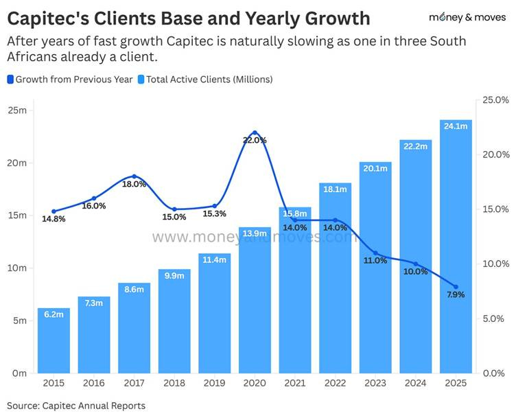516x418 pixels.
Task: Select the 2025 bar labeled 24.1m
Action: (x=456, y=247)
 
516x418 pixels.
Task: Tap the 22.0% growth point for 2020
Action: (x=255, y=132)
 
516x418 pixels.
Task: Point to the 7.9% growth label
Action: (x=456, y=294)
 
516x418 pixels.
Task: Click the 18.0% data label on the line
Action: (x=134, y=184)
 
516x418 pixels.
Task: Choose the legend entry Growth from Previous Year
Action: (x=70, y=80)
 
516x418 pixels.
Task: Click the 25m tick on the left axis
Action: (x=17, y=111)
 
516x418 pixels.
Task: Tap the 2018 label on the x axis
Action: (x=174, y=382)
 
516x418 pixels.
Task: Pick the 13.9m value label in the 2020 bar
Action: (x=255, y=234)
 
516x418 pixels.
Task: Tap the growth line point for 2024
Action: (x=415, y=264)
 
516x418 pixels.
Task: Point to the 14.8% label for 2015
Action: (x=54, y=220)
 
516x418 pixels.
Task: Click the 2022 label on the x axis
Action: (x=335, y=382)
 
